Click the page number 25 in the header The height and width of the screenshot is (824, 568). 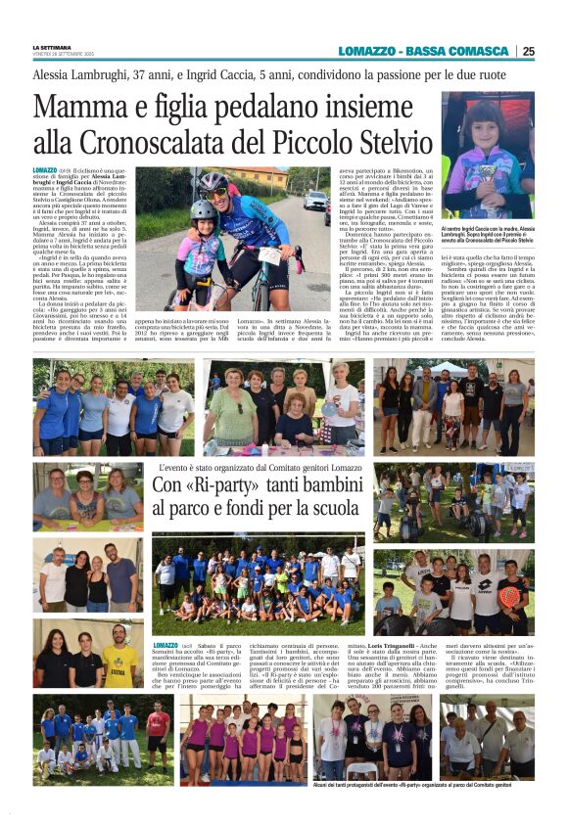click(x=528, y=51)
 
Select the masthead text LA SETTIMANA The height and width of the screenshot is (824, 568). click(x=50, y=47)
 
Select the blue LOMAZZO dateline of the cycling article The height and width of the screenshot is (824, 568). click(x=45, y=170)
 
